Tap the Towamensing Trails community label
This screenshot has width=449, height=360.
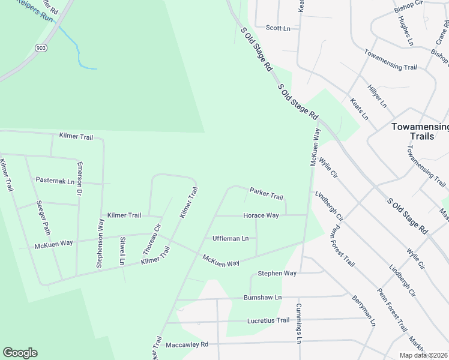coord(420,131)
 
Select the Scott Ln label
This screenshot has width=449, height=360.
coord(278,28)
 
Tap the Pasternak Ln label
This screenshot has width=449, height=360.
coord(55,180)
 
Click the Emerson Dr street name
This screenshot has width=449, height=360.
coord(79,179)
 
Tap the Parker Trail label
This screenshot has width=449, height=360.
coord(266,196)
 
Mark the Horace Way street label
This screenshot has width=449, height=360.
coord(261,215)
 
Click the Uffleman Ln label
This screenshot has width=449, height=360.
coord(231,238)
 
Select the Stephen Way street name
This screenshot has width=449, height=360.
coord(277,273)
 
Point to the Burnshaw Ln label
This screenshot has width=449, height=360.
coord(262,298)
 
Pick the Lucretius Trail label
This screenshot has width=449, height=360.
coord(268,320)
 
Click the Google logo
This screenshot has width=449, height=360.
coord(20,353)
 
